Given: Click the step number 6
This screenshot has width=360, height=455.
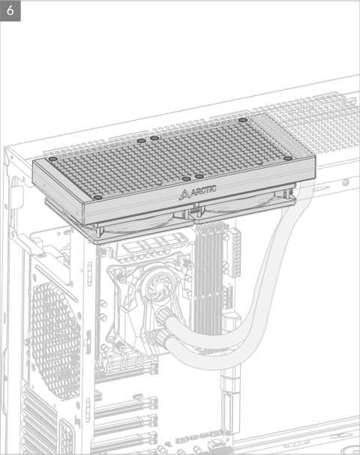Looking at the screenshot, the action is click(x=10, y=10).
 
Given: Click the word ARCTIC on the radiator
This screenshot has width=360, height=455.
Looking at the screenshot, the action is click(x=204, y=190).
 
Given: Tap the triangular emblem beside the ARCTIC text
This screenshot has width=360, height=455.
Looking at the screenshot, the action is click(x=184, y=195).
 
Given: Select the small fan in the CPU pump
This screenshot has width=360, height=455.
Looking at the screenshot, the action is click(x=158, y=286).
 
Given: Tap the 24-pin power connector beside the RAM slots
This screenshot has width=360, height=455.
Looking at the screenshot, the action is click(x=235, y=252).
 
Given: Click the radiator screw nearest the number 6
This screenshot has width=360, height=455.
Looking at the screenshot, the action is click(x=52, y=159).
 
